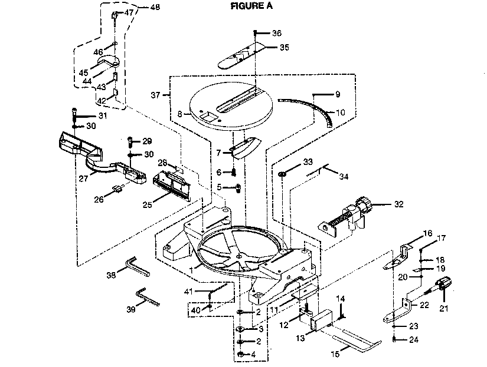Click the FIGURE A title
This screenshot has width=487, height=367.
click(x=251, y=5)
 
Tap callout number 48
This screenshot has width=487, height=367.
click(x=155, y=7)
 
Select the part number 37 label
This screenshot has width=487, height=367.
click(x=155, y=95)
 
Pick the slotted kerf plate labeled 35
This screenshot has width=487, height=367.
click(x=241, y=57)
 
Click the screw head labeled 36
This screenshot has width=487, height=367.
click(x=255, y=32)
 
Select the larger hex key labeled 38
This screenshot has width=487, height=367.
click(x=137, y=266)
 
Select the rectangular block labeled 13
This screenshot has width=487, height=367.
click(x=322, y=319)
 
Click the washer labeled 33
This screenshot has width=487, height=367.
click(x=282, y=174)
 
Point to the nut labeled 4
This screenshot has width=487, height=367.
click(x=240, y=354)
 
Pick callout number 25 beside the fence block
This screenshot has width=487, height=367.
click(x=147, y=204)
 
